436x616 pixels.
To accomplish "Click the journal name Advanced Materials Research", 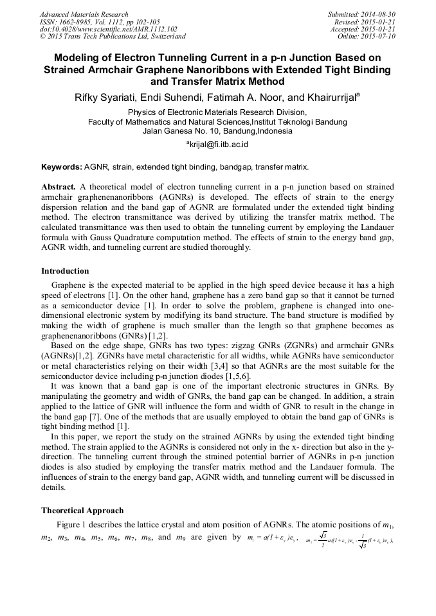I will tap(84, 14).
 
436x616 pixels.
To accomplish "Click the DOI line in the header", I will tap(108, 29).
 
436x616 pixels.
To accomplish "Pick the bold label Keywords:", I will tap(61, 167).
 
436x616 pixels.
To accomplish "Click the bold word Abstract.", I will tap(59, 186).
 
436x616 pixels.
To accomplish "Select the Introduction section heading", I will tap(65, 271).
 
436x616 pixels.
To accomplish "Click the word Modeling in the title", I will tap(80, 57).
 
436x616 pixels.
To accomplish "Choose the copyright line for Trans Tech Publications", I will tap(113, 37).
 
